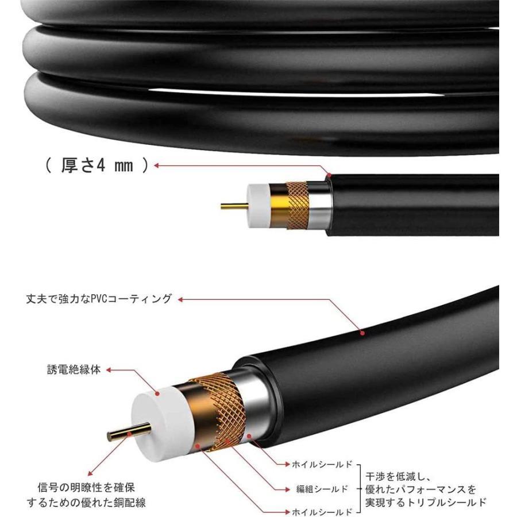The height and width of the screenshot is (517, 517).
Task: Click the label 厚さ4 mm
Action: (97, 165)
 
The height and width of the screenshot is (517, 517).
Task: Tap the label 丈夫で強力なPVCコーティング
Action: (99, 299)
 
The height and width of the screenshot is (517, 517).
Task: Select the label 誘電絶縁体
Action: (74, 369)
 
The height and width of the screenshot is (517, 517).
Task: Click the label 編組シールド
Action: (322, 489)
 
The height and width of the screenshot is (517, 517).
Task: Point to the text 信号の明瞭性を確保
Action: (86, 487)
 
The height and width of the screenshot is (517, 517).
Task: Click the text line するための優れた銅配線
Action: (86, 503)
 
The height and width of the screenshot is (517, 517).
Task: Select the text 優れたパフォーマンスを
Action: (420, 489)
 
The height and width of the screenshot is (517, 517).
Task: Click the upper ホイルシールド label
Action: (322, 464)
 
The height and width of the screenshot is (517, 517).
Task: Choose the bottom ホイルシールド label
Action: (322, 512)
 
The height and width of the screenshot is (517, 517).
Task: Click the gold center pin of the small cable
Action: (235, 207)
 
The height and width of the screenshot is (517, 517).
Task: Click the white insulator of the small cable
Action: (259, 206)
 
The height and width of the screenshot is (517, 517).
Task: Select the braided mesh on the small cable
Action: (298, 205)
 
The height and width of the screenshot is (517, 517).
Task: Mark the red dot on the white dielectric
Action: (157, 393)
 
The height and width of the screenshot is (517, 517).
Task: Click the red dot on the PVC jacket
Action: (362, 333)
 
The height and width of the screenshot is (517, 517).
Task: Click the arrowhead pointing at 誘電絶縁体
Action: (109, 370)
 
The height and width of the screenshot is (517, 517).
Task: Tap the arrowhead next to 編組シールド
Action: (287, 489)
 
